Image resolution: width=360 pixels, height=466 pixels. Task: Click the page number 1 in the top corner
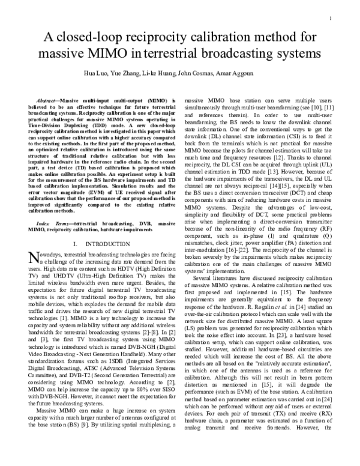[x=331, y=19]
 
